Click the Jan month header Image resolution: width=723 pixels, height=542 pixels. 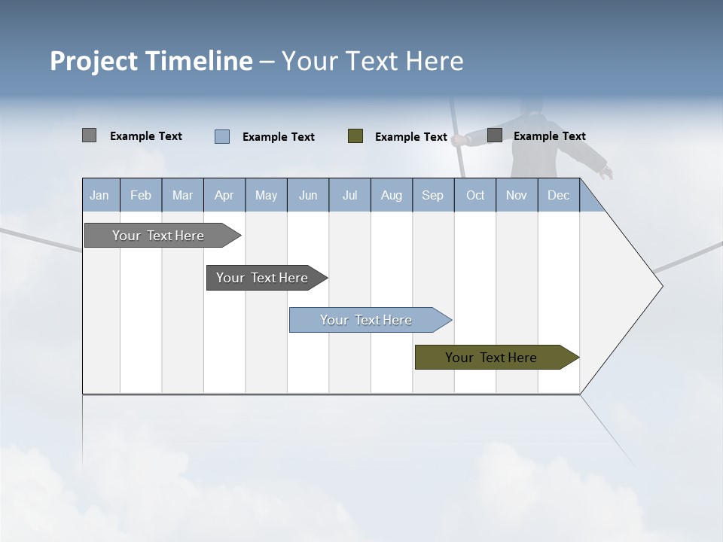(x=100, y=195)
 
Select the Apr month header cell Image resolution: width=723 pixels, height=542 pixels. (x=224, y=195)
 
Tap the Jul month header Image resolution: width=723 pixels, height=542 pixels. (x=349, y=195)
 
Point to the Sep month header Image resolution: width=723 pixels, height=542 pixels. (x=432, y=195)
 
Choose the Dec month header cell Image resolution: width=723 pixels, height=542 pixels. (x=558, y=195)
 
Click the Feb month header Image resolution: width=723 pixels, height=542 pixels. (x=141, y=195)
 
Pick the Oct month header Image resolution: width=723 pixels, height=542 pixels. (x=475, y=195)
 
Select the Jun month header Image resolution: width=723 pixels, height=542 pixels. (x=308, y=195)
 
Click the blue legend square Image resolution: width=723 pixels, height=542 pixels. (x=222, y=136)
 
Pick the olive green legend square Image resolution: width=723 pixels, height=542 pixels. (x=355, y=136)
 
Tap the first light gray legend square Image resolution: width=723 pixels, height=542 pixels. (x=89, y=135)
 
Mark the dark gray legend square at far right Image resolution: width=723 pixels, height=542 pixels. (x=495, y=135)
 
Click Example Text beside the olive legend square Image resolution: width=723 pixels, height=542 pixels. (x=411, y=137)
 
